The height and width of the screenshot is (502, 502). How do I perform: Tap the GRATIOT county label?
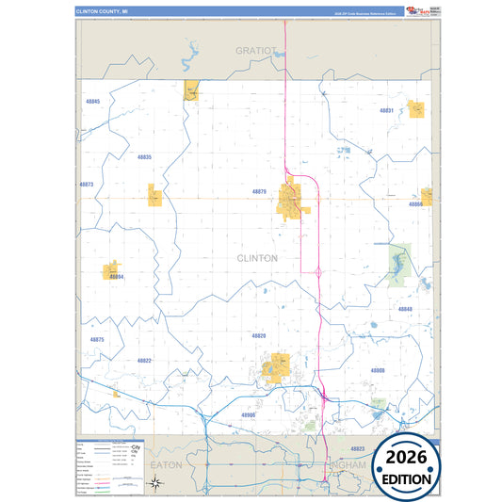point(256,50)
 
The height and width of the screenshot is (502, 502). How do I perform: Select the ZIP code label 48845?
point(91,101)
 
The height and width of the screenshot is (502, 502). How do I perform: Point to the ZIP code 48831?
point(385,110)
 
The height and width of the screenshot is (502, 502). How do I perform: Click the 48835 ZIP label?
point(143,156)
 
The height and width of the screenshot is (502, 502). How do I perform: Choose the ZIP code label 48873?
point(87,185)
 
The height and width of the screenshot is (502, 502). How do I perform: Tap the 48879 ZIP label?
point(259,191)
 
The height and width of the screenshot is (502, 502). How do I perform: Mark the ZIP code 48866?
point(414,204)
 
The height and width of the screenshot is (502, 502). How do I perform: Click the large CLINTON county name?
point(257,257)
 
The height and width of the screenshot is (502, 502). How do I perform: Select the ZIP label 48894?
point(116,277)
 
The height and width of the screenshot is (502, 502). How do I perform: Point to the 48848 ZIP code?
point(404,309)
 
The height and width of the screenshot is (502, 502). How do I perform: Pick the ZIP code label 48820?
point(259,335)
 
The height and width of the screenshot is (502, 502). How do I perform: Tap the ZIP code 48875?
point(97,339)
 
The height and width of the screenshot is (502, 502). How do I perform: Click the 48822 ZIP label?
point(143,361)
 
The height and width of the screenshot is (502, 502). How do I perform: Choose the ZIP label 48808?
point(377,370)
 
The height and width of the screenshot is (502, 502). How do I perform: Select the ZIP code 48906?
point(249,414)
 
